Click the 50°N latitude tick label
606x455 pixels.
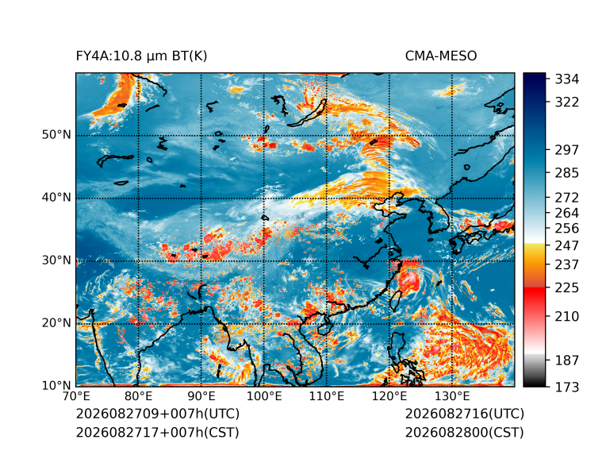56,135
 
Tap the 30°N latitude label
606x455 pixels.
56,260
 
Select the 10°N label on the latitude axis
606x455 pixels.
56,386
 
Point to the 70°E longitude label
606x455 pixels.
76,396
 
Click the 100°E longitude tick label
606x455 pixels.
264,396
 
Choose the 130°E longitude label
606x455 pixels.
452,396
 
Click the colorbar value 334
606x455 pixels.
567,79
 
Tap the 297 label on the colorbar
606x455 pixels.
567,150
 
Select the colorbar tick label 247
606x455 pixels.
567,245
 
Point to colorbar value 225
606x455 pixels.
567,288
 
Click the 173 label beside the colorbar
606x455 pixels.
567,387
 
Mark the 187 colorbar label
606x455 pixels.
567,361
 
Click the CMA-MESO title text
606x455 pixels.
441,56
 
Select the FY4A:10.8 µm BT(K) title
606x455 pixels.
141,56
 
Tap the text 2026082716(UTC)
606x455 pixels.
465,414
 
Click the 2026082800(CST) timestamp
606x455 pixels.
465,432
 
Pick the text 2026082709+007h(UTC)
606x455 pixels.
158,414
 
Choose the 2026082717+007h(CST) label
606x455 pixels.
158,432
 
